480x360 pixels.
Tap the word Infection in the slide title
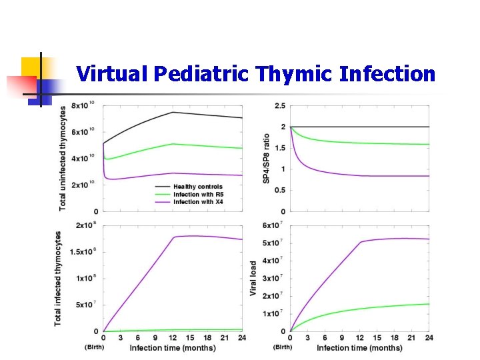point(387,74)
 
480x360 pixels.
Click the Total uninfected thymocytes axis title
point(63,158)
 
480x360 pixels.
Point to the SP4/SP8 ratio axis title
point(267,158)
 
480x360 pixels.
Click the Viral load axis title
point(254,279)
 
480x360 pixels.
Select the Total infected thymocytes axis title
point(58,279)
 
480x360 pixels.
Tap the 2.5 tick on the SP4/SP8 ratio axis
point(280,106)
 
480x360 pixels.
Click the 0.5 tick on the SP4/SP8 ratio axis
point(280,190)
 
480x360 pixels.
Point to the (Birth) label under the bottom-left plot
point(95,347)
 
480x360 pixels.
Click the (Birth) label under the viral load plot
point(283,347)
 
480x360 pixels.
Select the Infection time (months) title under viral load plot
point(359,348)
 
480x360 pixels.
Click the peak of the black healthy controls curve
point(173,112)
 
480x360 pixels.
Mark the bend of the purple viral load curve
point(360,242)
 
